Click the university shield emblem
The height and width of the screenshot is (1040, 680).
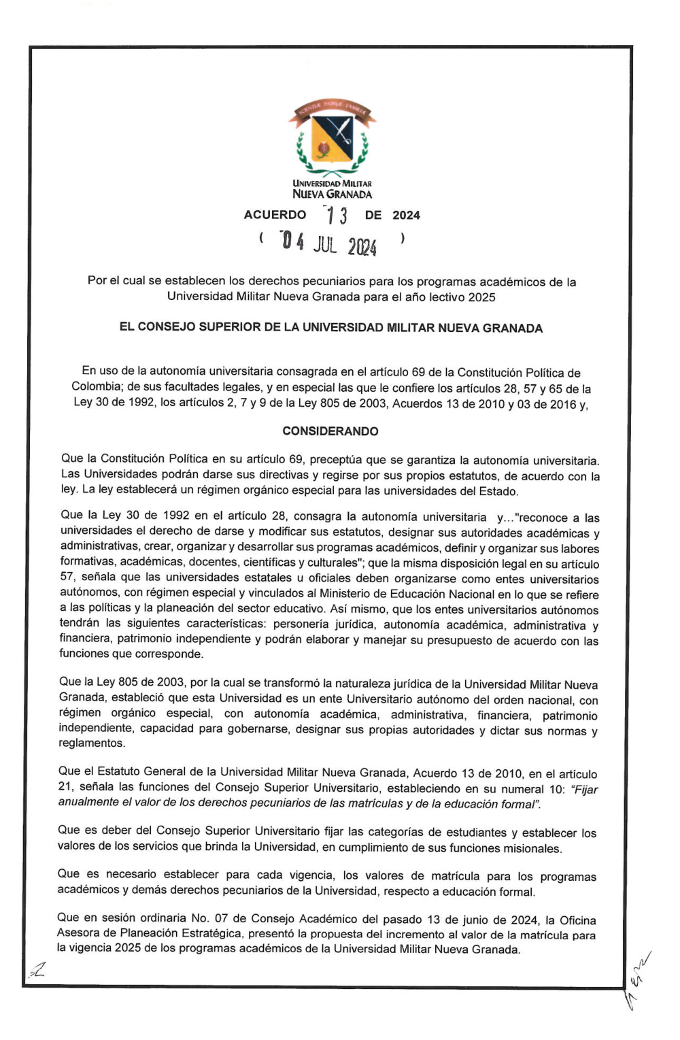[x=332, y=138]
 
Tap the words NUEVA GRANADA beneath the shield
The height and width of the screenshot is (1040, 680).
[x=332, y=195]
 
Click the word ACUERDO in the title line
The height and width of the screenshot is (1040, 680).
[x=275, y=215]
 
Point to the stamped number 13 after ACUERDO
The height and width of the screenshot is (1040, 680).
[x=337, y=216]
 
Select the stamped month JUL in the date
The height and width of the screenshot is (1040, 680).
[x=325, y=244]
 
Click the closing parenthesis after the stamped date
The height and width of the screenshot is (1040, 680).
[x=403, y=238]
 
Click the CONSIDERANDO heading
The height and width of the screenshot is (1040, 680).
[x=330, y=431]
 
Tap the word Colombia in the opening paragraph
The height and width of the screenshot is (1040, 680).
[x=96, y=387]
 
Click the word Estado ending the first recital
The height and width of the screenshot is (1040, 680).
[x=499, y=491]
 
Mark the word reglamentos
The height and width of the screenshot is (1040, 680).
[x=92, y=743]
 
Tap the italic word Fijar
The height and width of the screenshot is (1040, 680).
[x=585, y=789]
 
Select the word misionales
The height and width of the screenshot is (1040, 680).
[x=535, y=848]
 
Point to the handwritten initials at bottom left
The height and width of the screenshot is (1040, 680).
[x=37, y=972]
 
